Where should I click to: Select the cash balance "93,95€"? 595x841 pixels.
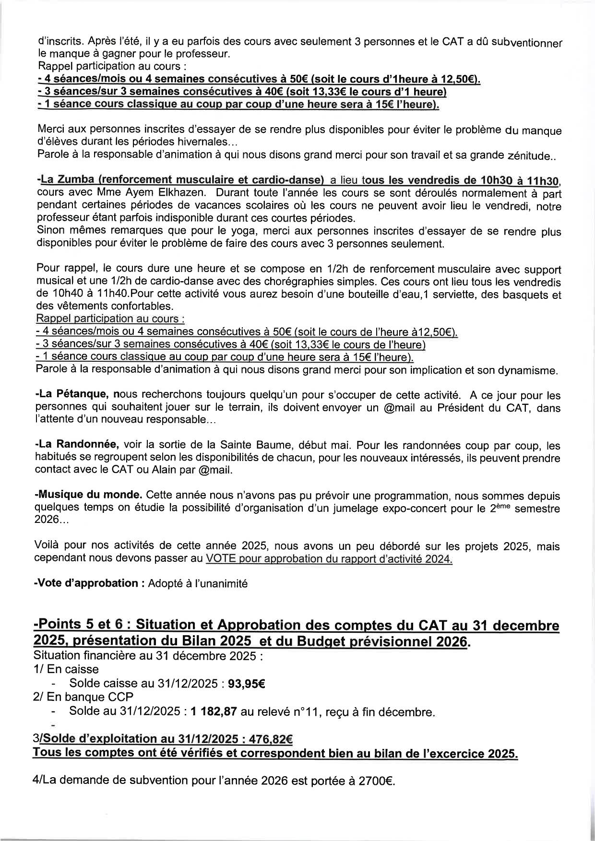[x=246, y=683]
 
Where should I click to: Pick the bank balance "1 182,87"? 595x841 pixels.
[x=214, y=712]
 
